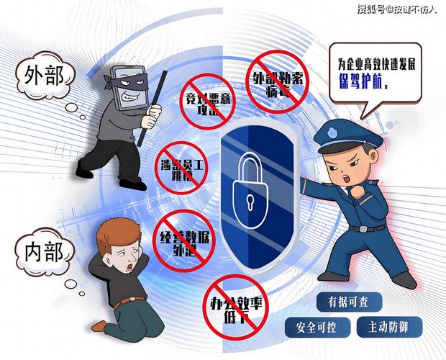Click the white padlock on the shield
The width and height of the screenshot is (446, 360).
tap(249, 189)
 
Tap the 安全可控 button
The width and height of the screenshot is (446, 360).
tap(314, 328)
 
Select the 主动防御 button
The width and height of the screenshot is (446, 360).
tap(388, 328)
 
